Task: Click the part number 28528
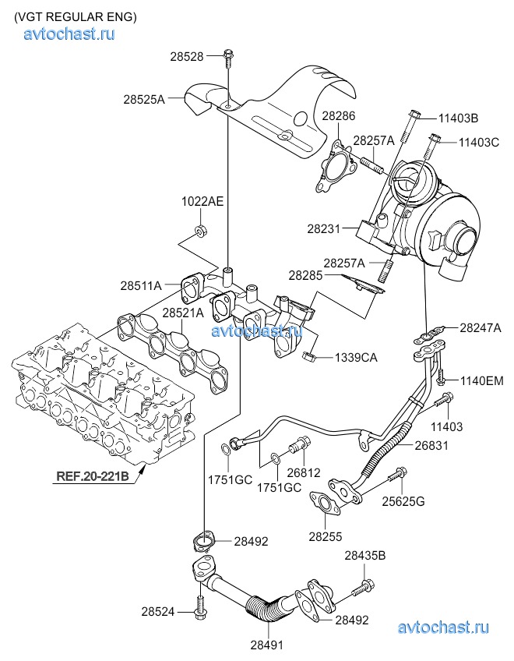186,56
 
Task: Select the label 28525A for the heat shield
144,100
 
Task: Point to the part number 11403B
458,118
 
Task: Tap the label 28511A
141,286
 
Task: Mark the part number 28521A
183,313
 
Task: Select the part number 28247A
481,328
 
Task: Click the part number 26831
432,446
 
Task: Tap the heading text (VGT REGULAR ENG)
76,16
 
